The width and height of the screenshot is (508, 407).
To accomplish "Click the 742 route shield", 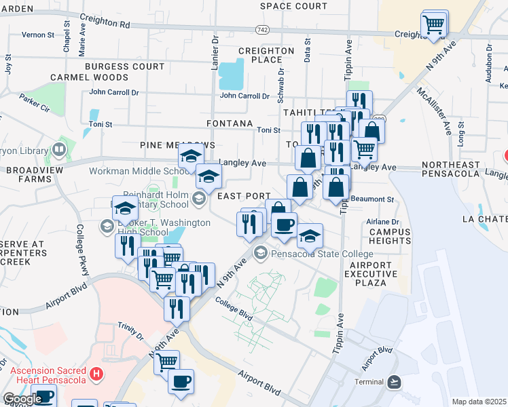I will pos(262,31).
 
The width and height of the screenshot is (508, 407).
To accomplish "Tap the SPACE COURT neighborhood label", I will pos(293,6).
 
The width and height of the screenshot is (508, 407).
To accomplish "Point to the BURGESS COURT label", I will pos(125,66).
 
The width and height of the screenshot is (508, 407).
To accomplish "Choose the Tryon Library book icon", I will pos(59,149).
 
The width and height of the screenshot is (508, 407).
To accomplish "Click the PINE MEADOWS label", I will pos(177,145).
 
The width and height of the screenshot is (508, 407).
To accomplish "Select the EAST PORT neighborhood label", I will pos(244,195).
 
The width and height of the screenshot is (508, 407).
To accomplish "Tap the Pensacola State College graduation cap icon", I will pos(260,253).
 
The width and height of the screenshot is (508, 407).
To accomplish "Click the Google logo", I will pos(22,399).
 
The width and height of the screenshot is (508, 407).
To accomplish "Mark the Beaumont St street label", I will pos(376,199).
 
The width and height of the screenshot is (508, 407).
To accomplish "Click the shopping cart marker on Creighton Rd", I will pos(433,24).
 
